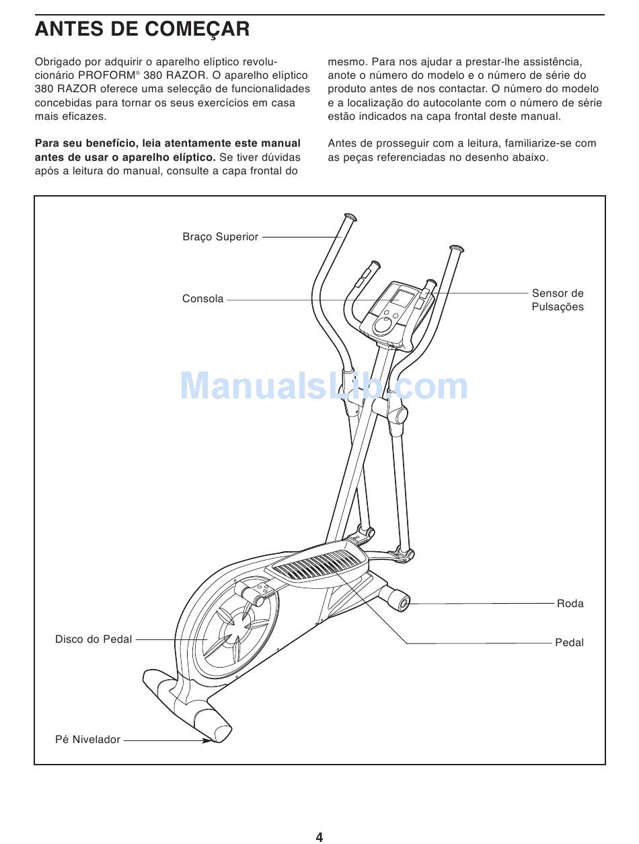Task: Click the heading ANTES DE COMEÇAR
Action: [x=142, y=29]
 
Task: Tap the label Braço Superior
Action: [x=220, y=237]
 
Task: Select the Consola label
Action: [x=202, y=299]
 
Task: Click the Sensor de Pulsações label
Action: [x=558, y=300]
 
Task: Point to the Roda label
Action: [x=570, y=604]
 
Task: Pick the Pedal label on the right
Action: [x=569, y=643]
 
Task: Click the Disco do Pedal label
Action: [x=93, y=639]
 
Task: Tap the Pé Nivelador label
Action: [x=87, y=740]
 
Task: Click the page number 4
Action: [x=319, y=837]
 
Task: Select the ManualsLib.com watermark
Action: [x=324, y=387]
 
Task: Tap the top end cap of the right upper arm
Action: [x=456, y=248]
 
